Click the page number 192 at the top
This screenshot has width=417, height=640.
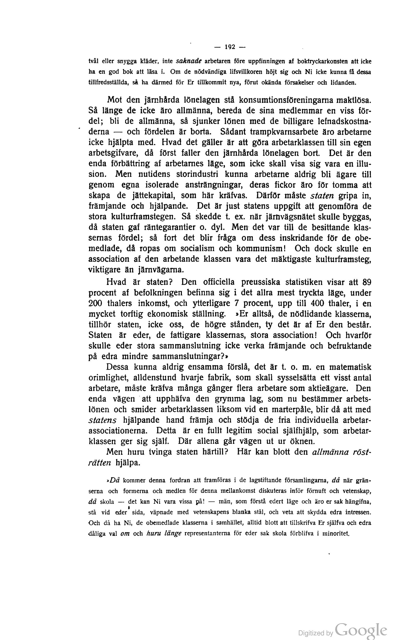[x=230, y=47]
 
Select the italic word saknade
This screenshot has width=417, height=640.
[x=189, y=61]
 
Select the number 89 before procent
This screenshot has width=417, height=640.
[x=367, y=282]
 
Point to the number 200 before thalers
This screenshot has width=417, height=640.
[x=95, y=303]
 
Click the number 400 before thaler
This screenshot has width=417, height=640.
[x=317, y=303]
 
